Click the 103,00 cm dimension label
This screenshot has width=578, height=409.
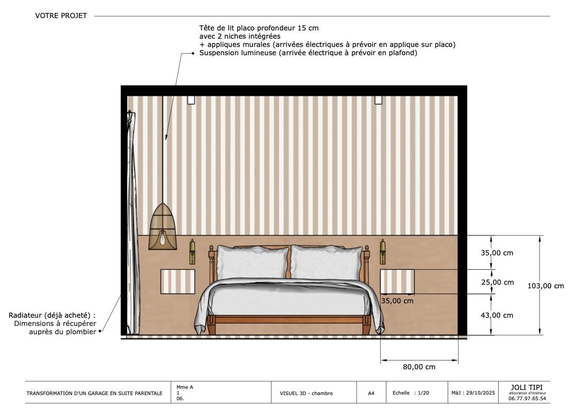(x=546, y=286)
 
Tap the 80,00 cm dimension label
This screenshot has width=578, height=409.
(x=419, y=367)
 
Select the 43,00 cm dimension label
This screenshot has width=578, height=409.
(x=497, y=315)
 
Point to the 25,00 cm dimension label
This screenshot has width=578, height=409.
(x=497, y=283)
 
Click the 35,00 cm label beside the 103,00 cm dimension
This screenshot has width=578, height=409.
(x=497, y=253)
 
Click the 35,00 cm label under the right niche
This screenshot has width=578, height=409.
(x=397, y=301)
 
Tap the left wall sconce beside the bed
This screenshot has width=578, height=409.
(x=192, y=252)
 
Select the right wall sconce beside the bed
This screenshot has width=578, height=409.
(x=383, y=252)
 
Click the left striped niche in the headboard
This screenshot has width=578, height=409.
(x=178, y=282)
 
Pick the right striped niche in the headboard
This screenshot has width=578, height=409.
(x=397, y=282)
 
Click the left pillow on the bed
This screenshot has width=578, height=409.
(x=252, y=263)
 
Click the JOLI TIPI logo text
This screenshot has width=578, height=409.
(x=526, y=387)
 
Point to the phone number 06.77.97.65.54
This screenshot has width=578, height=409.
(x=527, y=399)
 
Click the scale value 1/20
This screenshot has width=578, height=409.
(x=423, y=393)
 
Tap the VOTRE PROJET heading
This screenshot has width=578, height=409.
(x=61, y=15)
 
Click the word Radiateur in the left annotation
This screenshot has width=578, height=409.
(x=25, y=316)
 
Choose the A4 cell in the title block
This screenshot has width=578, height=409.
(x=371, y=394)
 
